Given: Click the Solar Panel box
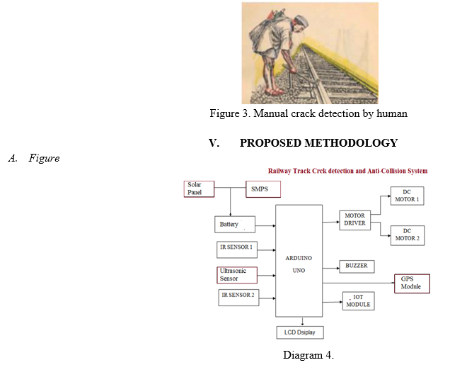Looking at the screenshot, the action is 199,189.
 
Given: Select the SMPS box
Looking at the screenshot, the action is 263,189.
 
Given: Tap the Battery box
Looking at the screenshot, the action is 235,225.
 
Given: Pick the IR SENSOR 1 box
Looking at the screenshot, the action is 237,249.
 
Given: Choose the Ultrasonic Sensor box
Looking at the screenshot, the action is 237,275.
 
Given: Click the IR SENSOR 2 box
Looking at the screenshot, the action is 238,298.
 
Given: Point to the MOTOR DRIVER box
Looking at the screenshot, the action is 354,220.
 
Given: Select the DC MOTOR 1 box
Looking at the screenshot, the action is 408,196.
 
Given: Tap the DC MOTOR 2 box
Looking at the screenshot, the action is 408,235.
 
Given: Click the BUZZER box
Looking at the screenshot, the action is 357,266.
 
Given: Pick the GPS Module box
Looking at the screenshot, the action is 412,283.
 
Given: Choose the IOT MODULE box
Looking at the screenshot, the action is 359,301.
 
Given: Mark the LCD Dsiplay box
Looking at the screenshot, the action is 300,332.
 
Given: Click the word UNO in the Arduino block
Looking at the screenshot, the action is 299,271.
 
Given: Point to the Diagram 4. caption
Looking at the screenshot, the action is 308,355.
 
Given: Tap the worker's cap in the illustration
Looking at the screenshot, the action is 301,21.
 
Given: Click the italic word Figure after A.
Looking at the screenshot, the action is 44,158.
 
